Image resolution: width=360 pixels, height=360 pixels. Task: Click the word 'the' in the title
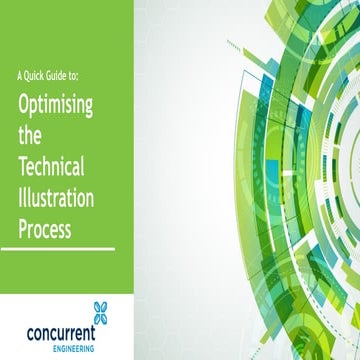click(x=31, y=138)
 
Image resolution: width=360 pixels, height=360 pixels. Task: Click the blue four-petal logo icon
click(x=100, y=312)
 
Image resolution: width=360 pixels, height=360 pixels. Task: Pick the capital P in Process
click(x=22, y=230)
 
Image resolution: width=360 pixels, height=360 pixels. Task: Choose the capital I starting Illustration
click(x=20, y=200)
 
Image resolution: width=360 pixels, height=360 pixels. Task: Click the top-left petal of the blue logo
click(x=95, y=306)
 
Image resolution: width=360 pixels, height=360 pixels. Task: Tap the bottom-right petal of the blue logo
click(x=105, y=318)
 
